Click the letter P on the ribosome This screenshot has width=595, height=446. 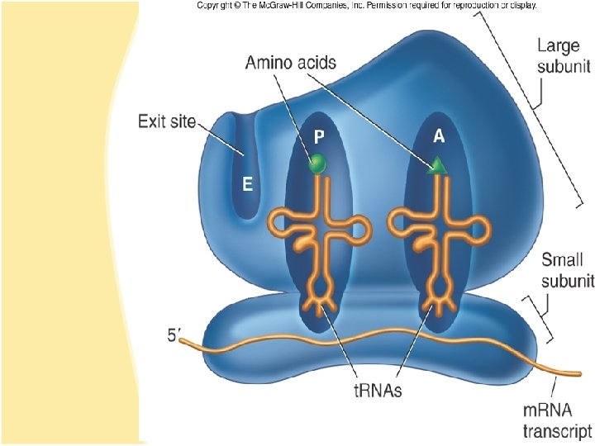tap(317, 135)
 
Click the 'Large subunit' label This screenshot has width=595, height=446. tap(559, 55)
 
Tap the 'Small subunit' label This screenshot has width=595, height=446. tap(567, 270)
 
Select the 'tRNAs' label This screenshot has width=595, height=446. tap(374, 391)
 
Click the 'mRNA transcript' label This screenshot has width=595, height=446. tap(557, 420)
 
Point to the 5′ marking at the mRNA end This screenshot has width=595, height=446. tap(173, 336)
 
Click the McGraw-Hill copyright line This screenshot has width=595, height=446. tap(367, 5)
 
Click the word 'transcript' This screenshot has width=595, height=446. tap(557, 430)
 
